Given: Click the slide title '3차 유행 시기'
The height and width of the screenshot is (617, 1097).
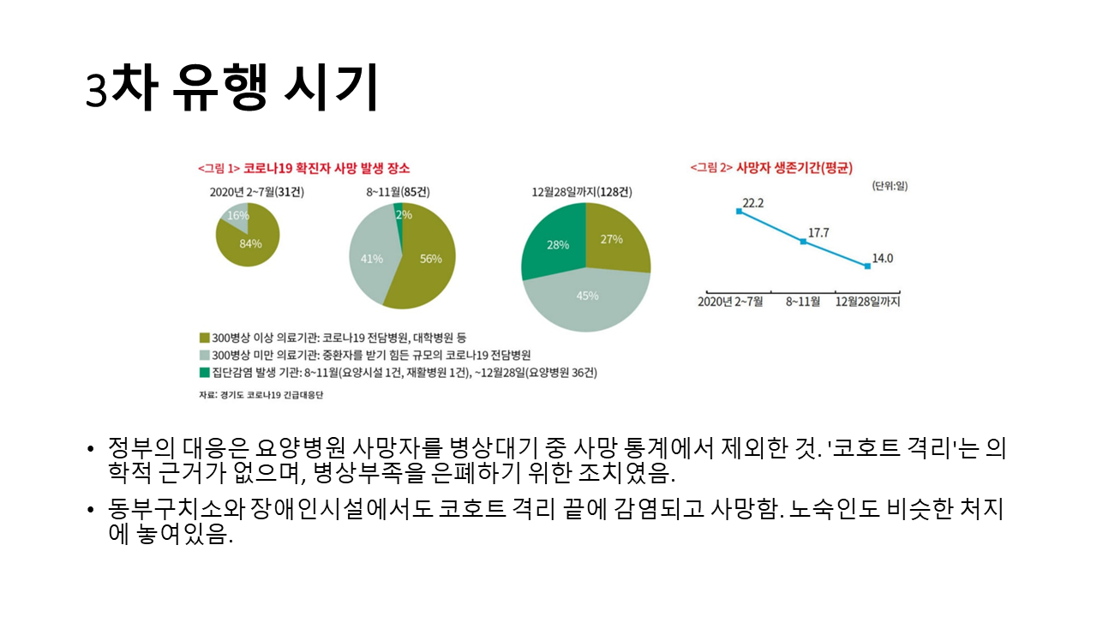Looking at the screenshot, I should coord(231,88).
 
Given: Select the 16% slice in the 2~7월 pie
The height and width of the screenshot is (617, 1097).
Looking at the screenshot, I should coord(232,216).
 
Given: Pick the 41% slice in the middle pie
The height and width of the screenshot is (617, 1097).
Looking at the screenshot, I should coord(371,258).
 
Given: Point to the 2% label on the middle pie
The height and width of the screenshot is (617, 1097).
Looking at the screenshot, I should coord(399,214).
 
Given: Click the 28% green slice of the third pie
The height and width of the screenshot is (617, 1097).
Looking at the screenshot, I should coord(557,244).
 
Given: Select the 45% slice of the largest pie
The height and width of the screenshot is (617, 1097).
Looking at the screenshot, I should coord(587,296).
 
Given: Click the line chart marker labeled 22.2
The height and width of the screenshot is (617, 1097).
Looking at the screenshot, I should coord(739,211).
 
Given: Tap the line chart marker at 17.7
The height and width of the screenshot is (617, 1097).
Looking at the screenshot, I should coord(803,242).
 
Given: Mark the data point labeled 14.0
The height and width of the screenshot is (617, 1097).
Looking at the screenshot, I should coord(867,267).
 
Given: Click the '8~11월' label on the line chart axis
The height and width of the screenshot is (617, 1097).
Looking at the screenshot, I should coord(801,302).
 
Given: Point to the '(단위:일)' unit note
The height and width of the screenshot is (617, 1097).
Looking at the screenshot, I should coord(889,186).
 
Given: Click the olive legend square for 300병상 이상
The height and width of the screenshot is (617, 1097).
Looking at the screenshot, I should coord(204,338).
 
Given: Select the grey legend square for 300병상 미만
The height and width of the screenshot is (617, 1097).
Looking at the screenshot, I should coord(204,355).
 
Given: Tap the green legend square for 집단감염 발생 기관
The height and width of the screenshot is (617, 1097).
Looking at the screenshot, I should coord(204,372).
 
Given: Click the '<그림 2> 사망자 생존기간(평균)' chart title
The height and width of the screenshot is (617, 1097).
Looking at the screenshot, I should coord(771,167).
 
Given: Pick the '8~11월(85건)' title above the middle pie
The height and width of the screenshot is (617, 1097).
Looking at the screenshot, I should coord(398,192).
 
